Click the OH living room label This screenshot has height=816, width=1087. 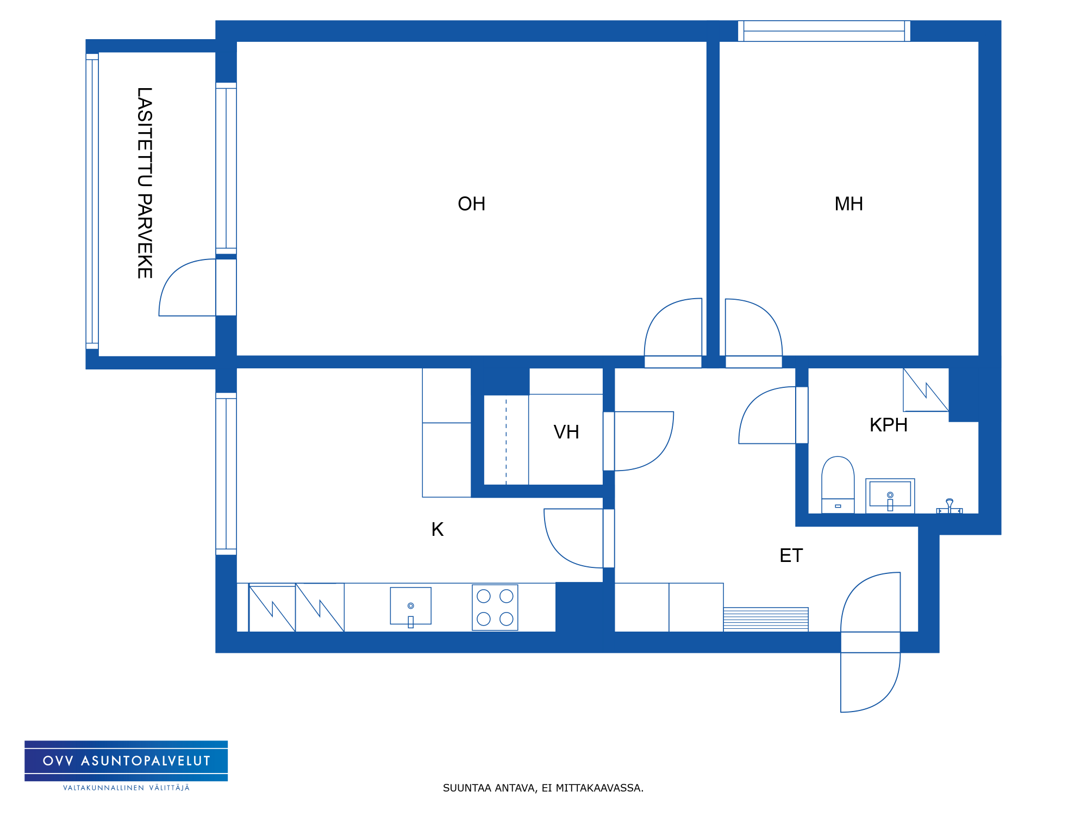[x=471, y=204]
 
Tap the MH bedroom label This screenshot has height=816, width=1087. [x=848, y=204]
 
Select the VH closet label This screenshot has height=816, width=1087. [x=566, y=432]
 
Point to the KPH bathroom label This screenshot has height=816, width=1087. [x=889, y=425]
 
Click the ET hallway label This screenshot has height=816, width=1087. [x=791, y=555]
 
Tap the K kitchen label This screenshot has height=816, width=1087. [x=438, y=529]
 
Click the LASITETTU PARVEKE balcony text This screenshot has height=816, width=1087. [x=145, y=183]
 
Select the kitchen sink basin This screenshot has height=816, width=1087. [x=411, y=606]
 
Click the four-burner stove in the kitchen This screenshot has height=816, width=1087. [x=495, y=608]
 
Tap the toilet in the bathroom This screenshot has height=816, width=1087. [x=838, y=485]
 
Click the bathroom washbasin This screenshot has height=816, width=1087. [x=890, y=496]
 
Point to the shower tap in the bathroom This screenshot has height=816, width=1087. [x=949, y=506]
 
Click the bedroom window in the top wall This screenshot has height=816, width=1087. [x=824, y=31]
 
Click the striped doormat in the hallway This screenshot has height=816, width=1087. [x=766, y=619]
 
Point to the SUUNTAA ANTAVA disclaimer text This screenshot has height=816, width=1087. [x=543, y=788]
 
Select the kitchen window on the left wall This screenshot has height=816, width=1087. [x=226, y=474]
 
